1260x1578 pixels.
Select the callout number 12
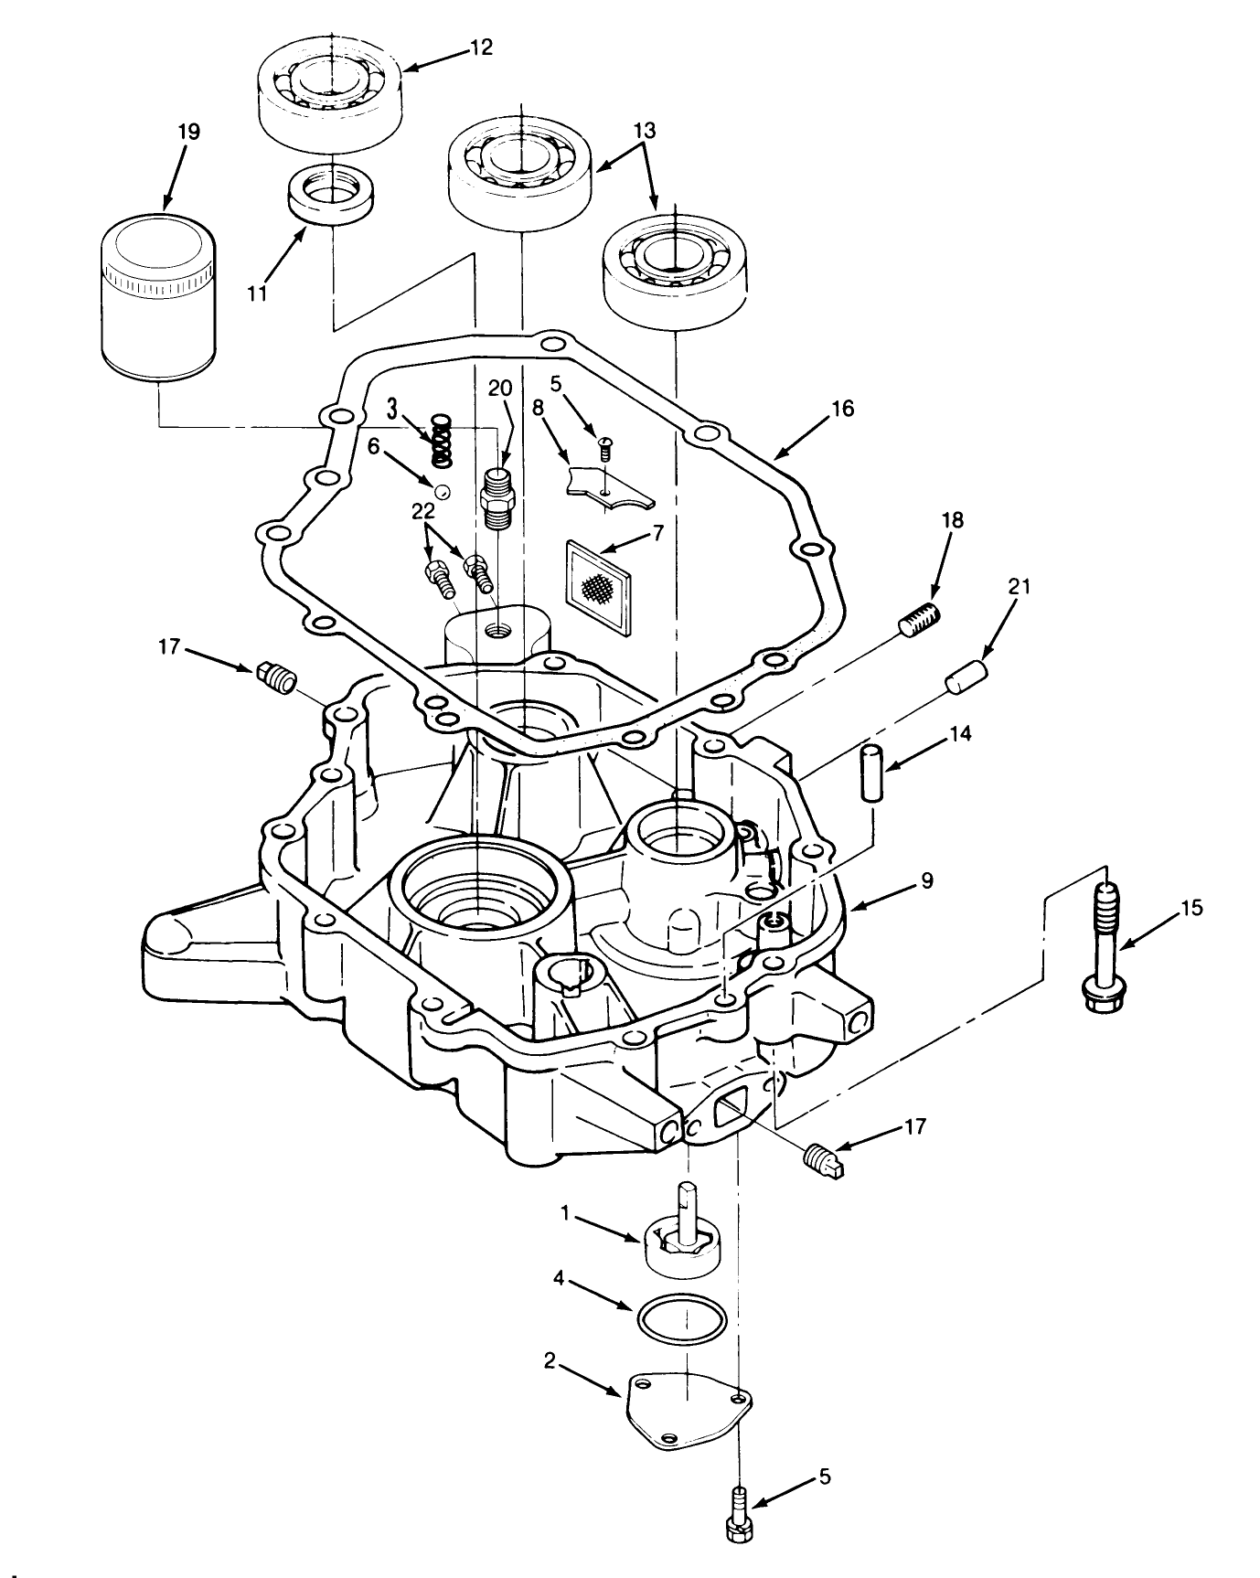pos(480,48)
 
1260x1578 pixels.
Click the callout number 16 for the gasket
pos(842,409)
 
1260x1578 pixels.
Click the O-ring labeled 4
pos(681,1319)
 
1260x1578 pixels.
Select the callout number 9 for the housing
pos(926,880)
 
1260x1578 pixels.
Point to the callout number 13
pos(645,131)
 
